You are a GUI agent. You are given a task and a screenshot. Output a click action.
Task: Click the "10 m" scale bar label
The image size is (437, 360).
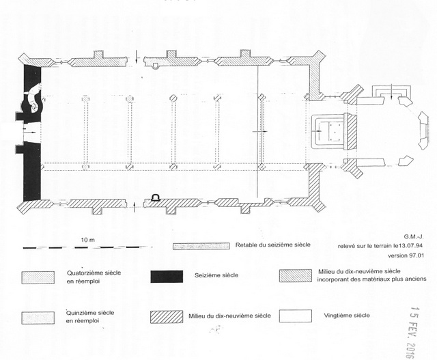tap(86, 240)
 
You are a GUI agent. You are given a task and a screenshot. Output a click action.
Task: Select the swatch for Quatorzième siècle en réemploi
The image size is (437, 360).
tap(37, 276)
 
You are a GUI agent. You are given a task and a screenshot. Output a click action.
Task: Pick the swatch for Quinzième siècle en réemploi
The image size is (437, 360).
tap(37, 318)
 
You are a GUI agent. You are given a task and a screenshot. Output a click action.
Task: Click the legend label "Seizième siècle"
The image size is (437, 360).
tap(216, 275)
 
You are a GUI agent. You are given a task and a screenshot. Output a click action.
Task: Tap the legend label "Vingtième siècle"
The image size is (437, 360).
tap(347, 316)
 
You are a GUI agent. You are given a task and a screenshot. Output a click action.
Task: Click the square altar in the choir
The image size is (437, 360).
tap(333, 130)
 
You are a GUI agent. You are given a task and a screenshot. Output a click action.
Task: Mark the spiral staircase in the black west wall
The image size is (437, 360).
tap(33, 102)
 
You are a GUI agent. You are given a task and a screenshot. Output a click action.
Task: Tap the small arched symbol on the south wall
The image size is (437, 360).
tap(156, 198)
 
